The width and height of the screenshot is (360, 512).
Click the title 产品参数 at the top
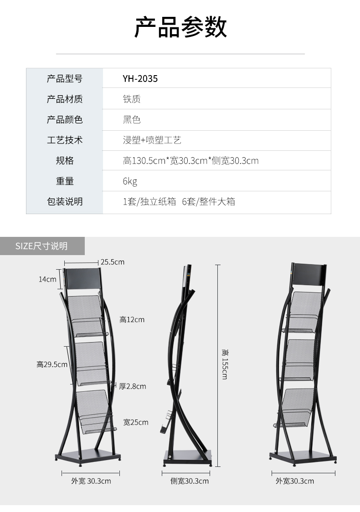pyautogui.click(x=180, y=27)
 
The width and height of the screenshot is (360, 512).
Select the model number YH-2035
pyautogui.click(x=140, y=79)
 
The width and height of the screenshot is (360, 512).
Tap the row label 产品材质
pyautogui.click(x=65, y=99)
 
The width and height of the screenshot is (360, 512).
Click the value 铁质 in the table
pyautogui.click(x=131, y=99)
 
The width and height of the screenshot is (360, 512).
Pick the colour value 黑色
pyautogui.click(x=131, y=120)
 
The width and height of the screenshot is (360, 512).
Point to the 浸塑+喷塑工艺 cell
pyautogui.click(x=152, y=140)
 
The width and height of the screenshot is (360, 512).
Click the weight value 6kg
pyautogui.click(x=130, y=181)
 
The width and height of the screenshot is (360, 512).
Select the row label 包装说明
pyautogui.click(x=65, y=201)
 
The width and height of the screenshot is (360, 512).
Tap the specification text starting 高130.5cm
pyautogui.click(x=190, y=161)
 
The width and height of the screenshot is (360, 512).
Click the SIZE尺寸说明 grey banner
pyautogui.click(x=42, y=246)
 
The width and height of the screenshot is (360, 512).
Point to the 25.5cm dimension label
pyautogui.click(x=113, y=262)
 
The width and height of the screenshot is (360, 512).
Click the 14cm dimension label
pyautogui.click(x=47, y=279)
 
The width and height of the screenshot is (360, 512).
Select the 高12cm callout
pyautogui.click(x=132, y=320)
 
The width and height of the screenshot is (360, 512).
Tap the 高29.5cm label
pyautogui.click(x=52, y=364)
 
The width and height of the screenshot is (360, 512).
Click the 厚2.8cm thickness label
pyautogui.click(x=133, y=386)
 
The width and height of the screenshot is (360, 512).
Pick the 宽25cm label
pyautogui.click(x=136, y=422)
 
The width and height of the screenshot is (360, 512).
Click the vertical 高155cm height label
pyautogui.click(x=224, y=364)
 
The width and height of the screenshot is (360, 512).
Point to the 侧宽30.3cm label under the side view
pyautogui.click(x=190, y=481)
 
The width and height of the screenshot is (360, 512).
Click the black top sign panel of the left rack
pyautogui.click(x=83, y=278)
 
